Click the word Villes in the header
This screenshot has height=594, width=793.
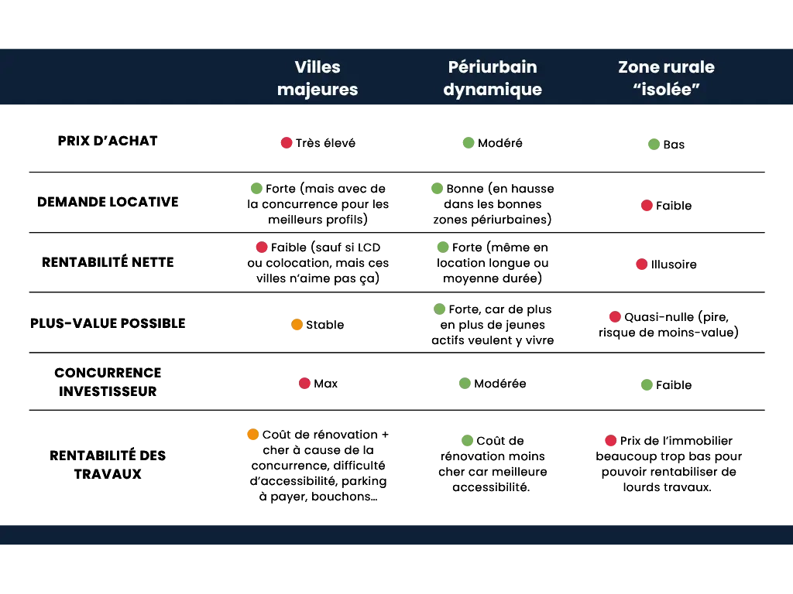point(318,67)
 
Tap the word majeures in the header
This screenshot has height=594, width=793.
point(318,90)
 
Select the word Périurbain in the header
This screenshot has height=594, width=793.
point(493,67)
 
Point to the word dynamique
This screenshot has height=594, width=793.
point(493,90)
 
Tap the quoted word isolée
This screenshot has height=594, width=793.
point(667,90)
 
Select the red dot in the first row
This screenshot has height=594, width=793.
point(287,142)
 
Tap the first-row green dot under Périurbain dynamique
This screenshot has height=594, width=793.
point(469,142)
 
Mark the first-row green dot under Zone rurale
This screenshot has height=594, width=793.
point(654,144)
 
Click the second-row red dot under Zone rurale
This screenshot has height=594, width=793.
point(647,205)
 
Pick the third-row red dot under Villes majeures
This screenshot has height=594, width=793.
point(262,247)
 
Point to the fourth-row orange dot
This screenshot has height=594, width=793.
point(297,326)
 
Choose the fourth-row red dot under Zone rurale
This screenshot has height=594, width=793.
point(615,317)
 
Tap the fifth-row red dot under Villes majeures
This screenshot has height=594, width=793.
point(304,384)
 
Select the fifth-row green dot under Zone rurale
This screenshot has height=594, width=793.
point(647,384)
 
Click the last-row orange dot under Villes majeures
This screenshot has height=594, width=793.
point(252,435)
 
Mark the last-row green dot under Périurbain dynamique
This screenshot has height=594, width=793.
point(467,440)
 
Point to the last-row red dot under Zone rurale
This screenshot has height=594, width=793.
point(611,441)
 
